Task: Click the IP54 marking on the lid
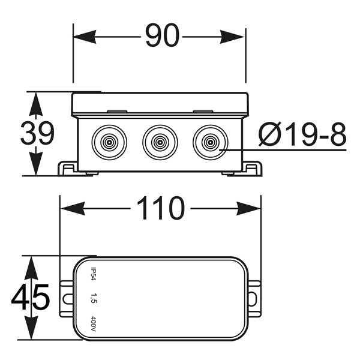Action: pyautogui.click(x=94, y=274)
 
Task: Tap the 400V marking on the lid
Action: pyautogui.click(x=94, y=323)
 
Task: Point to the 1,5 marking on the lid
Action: pyautogui.click(x=94, y=298)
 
